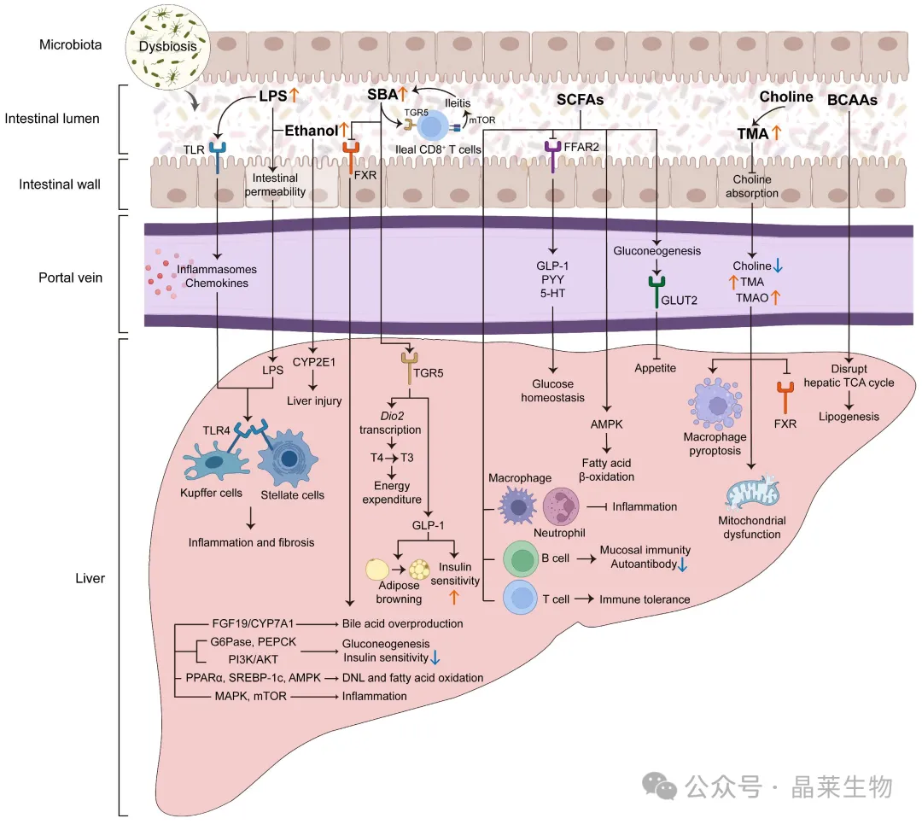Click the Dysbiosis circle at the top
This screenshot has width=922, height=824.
[x=168, y=47]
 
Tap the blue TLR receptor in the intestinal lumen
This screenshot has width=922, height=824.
[x=218, y=156]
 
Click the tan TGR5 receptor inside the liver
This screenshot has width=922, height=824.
[x=409, y=368]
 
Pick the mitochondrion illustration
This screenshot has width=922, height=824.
[x=752, y=494]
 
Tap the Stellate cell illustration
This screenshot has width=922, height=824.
[x=288, y=459]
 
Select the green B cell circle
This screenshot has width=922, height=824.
[x=521, y=558]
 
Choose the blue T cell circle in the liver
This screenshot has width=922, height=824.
[x=521, y=598]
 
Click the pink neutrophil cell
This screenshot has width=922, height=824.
[x=560, y=506]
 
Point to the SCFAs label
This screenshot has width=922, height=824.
[x=581, y=100]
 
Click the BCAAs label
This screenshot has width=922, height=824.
[x=852, y=100]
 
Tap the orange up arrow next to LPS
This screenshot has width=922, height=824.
[x=294, y=95]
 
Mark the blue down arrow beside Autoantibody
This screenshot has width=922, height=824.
[x=683, y=565]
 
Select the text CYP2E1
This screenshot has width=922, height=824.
[x=314, y=362]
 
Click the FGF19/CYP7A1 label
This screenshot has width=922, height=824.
[x=253, y=623]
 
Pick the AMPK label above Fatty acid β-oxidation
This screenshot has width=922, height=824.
[x=606, y=424]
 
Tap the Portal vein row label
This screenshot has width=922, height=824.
[x=71, y=278]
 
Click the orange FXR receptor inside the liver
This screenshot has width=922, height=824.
[x=785, y=398]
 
